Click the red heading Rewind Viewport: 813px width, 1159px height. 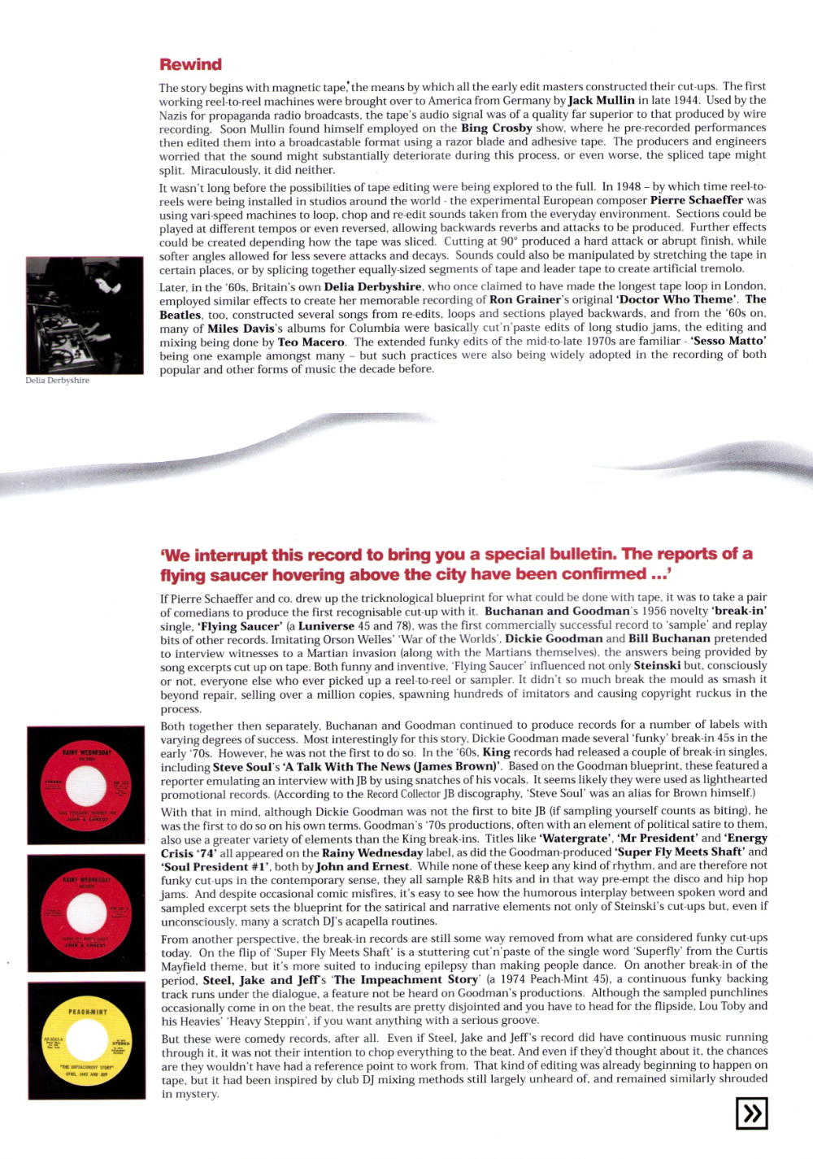(x=190, y=64)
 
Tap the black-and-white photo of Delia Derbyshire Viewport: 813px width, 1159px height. (x=85, y=316)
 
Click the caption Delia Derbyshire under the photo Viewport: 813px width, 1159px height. (x=57, y=380)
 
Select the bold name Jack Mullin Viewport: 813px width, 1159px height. (x=601, y=100)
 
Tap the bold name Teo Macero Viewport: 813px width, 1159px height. (x=311, y=342)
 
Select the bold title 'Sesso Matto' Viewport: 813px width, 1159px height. (x=728, y=341)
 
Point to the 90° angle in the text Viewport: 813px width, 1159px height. (x=508, y=241)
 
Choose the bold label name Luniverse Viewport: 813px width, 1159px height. (x=326, y=625)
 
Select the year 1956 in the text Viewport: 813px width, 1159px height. (x=654, y=611)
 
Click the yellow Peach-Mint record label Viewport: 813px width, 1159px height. (x=87, y=1040)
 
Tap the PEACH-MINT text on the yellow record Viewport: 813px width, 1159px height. (x=87, y=1012)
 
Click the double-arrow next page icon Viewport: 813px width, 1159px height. (x=751, y=1113)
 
